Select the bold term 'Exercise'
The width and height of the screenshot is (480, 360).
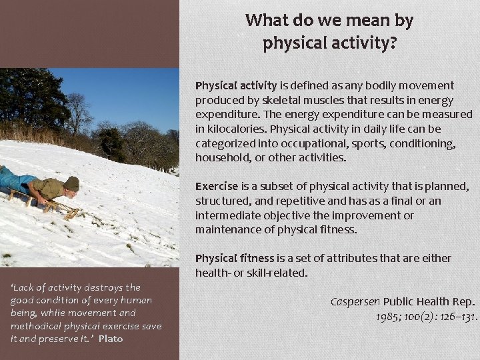217,187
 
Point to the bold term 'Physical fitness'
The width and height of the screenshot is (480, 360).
235,258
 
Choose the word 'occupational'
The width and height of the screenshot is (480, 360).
310,143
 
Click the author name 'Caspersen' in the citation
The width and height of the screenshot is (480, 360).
355,301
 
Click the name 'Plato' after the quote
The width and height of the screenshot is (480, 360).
110,339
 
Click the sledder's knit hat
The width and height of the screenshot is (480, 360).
71,183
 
